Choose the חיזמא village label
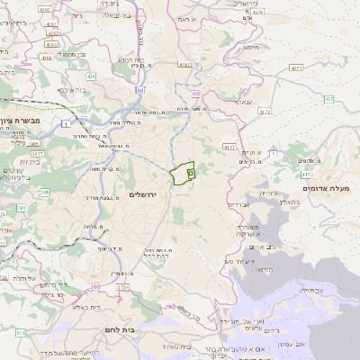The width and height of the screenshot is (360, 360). tap(250, 45)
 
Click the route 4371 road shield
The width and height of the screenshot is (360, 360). tap(296, 67)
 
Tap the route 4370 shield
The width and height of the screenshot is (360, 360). tap(265, 111)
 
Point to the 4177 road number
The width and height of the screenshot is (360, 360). tap(229, 146)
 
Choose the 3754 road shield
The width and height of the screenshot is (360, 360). tap(122, 287)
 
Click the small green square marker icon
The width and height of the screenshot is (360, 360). tap(190, 169)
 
